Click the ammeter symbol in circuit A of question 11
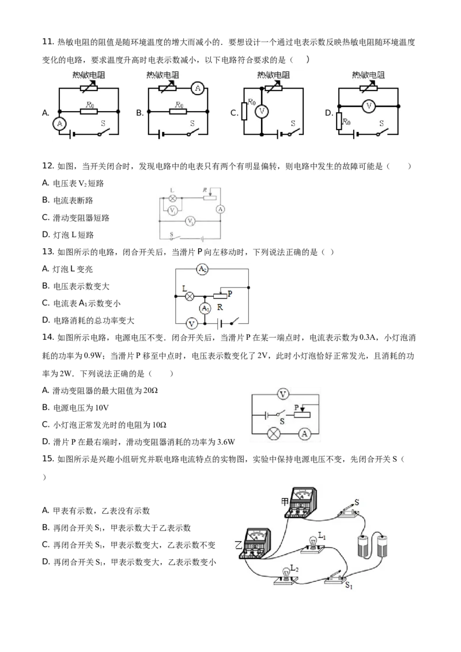pyautogui.click(x=59, y=123)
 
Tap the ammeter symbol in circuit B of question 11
pyautogui.click(x=198, y=88)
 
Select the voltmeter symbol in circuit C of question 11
pyautogui.click(x=262, y=111)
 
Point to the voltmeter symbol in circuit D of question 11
pyautogui.click(x=368, y=107)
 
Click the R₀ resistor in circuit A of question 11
pyautogui.click(x=89, y=111)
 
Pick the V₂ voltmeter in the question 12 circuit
pyautogui.click(x=190, y=221)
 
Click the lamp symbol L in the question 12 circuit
pyautogui.click(x=172, y=198)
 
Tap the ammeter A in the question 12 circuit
pyautogui.click(x=220, y=209)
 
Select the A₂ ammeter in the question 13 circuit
pyautogui.click(x=202, y=269)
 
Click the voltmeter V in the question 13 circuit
pyautogui.click(x=191, y=324)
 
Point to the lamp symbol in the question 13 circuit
pyautogui.click(x=190, y=296)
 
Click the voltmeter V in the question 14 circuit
pyautogui.click(x=283, y=394)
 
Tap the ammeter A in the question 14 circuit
pyautogui.click(x=305, y=434)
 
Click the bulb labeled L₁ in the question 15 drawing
pyautogui.click(x=312, y=544)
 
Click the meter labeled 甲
pyautogui.click(x=301, y=503)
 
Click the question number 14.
pyautogui.click(x=48, y=337)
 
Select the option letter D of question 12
pyautogui.click(x=46, y=234)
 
